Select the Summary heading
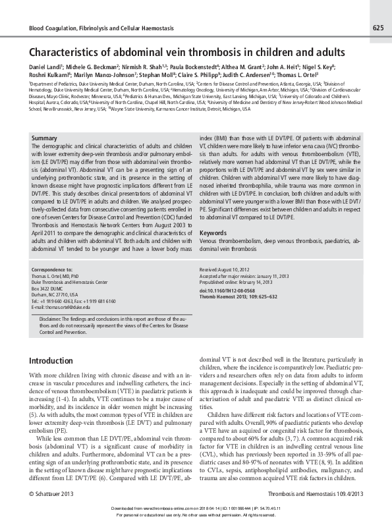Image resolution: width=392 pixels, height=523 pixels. pyautogui.click(x=44, y=138)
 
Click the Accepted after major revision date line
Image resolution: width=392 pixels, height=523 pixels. pyautogui.click(x=245, y=277)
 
